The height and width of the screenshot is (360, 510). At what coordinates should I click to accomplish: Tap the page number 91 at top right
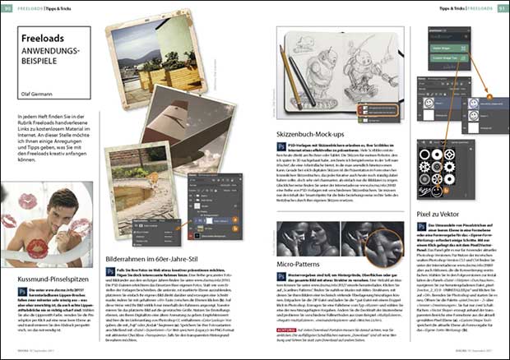click(x=502, y=8)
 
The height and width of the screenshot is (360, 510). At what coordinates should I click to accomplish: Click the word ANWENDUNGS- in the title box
click(x=51, y=52)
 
